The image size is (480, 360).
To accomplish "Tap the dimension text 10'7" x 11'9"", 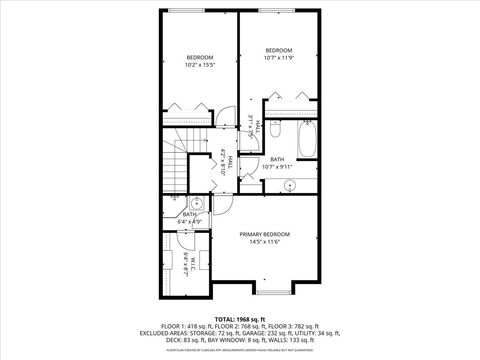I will pyautogui.click(x=278, y=58).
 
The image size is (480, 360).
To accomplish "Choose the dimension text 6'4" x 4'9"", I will pyautogui.click(x=190, y=221).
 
